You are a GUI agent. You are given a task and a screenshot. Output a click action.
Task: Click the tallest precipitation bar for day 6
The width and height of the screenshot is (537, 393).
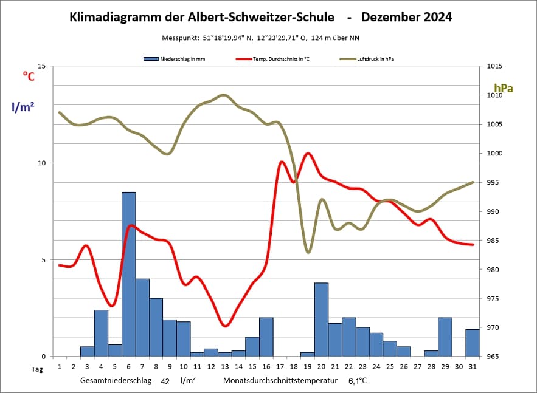[x=128, y=274]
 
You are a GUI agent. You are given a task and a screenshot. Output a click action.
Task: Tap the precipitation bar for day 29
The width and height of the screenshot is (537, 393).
[x=445, y=337]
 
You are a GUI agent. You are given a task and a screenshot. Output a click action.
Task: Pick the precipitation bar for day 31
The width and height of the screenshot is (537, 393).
[x=473, y=343]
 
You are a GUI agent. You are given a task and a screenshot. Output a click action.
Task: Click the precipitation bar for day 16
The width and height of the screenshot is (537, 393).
[x=266, y=337]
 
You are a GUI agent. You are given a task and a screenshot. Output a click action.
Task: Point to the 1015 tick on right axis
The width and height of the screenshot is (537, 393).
[x=493, y=66]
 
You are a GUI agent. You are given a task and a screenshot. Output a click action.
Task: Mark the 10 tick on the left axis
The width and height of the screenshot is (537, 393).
[x=42, y=163]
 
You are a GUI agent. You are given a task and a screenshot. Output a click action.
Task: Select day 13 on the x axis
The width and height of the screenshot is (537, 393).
[x=225, y=367]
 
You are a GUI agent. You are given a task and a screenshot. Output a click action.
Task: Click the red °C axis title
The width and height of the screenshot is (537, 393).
[x=29, y=76]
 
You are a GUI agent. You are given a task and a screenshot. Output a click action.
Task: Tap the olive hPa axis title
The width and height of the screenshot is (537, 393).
[x=504, y=89]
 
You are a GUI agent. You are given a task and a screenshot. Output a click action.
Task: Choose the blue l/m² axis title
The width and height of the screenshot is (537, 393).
[x=23, y=107]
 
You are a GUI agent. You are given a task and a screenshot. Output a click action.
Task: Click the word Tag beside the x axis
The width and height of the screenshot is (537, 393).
[x=37, y=368]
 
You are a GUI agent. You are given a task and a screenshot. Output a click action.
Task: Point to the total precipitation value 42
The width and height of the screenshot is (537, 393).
[x=165, y=381]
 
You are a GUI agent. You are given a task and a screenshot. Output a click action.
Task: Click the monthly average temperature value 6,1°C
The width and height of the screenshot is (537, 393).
[x=358, y=381]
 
